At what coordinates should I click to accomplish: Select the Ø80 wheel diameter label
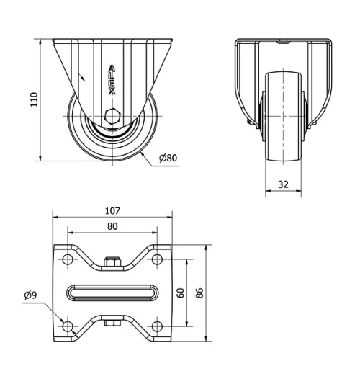[x=167, y=159]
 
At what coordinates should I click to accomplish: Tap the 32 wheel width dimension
[x=283, y=184]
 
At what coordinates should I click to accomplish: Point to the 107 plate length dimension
[x=112, y=211]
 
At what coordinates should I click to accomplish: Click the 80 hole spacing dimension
[x=112, y=226]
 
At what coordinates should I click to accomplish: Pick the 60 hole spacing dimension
[x=181, y=292]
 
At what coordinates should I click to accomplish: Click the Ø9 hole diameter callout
[x=30, y=295]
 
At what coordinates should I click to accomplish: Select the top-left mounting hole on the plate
[x=68, y=258]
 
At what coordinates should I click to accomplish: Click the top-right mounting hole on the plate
[x=156, y=258]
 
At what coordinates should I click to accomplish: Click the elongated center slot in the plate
[x=112, y=293]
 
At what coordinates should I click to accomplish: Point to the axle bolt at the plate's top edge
[x=112, y=263]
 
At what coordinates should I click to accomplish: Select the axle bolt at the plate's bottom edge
[x=112, y=322]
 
